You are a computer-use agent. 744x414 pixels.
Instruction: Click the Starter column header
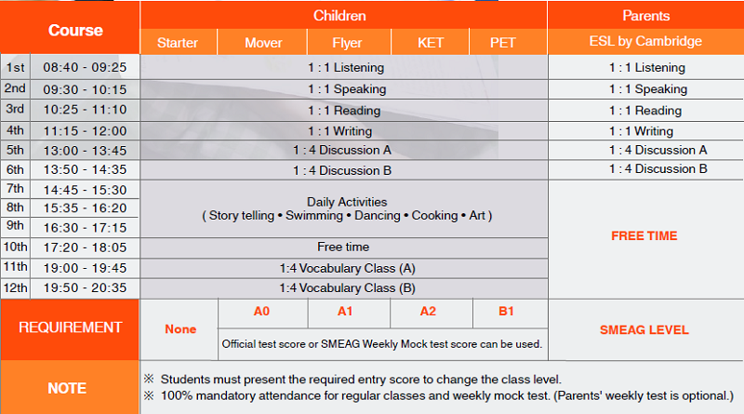[x=178, y=42]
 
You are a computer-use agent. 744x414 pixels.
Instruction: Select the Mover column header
[x=263, y=42]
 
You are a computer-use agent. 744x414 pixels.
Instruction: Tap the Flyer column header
[x=347, y=42]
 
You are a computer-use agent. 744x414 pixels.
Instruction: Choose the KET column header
[x=432, y=42]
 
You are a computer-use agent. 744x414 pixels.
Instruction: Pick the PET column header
[x=503, y=42]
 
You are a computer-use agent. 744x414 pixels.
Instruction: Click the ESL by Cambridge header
[x=645, y=42]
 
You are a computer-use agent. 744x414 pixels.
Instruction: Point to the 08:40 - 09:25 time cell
[x=85, y=67]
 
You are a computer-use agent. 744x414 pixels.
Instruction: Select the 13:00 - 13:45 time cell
[x=85, y=150]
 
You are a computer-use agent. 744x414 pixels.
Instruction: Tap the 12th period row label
[x=16, y=287]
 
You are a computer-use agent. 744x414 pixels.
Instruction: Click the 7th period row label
[x=16, y=189]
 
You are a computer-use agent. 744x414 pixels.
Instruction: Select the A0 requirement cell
[x=262, y=312]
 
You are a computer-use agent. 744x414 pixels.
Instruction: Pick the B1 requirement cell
[x=506, y=312]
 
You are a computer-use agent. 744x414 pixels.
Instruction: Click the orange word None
[x=180, y=329]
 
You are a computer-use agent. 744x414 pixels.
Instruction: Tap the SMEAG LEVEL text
[x=644, y=329]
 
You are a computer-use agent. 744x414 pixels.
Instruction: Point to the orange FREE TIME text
[x=644, y=235]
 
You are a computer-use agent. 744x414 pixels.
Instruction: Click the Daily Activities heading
[x=347, y=201]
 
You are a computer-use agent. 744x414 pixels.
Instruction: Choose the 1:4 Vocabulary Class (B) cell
[x=347, y=287]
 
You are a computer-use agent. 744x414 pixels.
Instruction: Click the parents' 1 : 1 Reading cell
[x=645, y=111]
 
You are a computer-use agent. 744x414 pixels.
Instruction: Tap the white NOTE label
[x=67, y=388]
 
